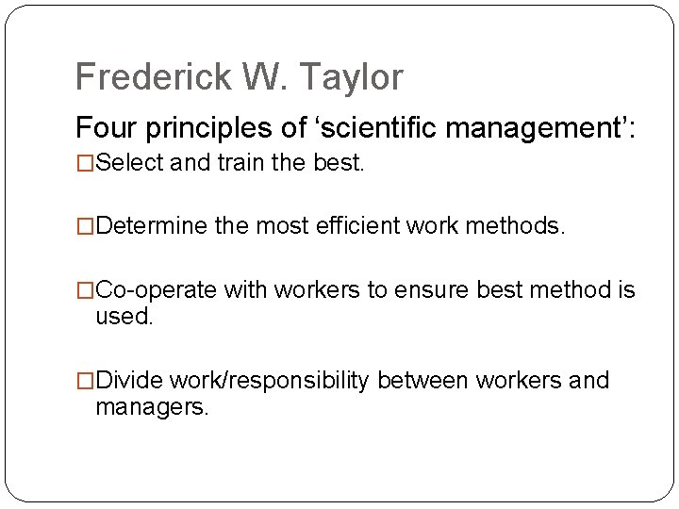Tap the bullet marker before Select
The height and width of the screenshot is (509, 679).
coord(86,164)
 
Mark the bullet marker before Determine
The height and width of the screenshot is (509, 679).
coord(86,227)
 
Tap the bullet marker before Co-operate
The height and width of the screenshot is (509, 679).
coord(86,290)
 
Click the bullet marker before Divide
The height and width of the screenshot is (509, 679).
coord(86,380)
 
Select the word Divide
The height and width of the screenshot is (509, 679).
coord(129,380)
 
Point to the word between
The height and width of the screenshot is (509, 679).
coord(423,380)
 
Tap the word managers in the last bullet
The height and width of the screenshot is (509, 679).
coord(151,407)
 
